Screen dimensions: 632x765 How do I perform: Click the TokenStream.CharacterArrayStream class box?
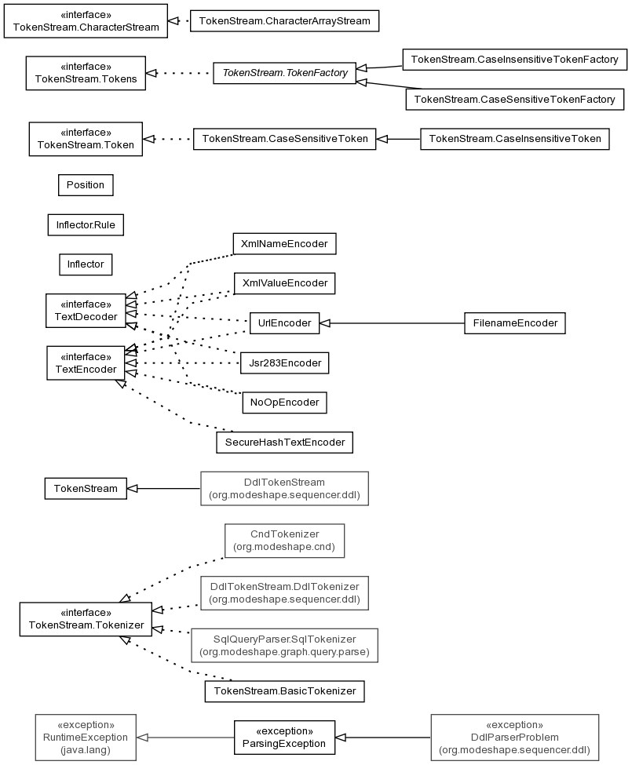coord(284,21)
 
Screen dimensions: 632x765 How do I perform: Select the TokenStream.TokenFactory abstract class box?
coord(284,73)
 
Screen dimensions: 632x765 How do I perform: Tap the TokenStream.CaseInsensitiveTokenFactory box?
coord(514,60)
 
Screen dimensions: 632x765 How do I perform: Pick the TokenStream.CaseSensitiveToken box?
coord(284,139)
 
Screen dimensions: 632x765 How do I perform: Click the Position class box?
coord(86,185)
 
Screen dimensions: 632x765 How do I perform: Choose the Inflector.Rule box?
coord(86,225)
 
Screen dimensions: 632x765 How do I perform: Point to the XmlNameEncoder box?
coord(284,243)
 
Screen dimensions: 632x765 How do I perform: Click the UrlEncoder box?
coord(284,323)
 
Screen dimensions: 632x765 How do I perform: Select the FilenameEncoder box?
coord(515,323)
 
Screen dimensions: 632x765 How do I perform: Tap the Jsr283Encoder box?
coord(284,363)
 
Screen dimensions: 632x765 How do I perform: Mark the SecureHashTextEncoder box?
coord(284,442)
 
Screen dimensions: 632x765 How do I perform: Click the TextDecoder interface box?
coord(86,310)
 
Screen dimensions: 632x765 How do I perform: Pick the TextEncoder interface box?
coord(86,363)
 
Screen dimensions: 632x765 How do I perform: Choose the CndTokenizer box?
coord(284,541)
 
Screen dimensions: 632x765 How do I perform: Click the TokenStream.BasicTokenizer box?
coord(284,690)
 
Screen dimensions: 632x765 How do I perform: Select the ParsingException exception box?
coord(284,738)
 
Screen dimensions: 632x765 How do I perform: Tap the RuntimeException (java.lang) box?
coord(86,738)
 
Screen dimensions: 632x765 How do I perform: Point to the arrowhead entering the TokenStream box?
coord(132,488)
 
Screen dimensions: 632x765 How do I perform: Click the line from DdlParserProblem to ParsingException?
coord(383,738)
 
